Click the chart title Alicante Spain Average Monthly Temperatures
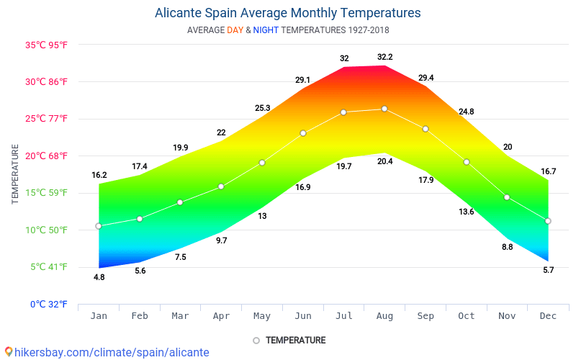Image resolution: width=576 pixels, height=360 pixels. coord(287,13)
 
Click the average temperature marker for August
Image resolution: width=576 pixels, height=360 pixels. coord(384,109)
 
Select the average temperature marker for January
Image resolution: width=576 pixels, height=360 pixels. coord(99,226)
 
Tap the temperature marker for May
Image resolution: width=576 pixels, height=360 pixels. coord(262,163)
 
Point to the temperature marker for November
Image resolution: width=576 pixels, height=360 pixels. coord(507,197)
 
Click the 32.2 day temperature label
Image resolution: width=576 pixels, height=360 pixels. coord(385,57)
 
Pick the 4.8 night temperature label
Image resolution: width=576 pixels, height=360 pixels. coord(99,277)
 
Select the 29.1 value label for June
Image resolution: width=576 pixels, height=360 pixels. coord(303,80)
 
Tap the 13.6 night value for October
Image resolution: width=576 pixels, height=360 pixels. coord(467,212)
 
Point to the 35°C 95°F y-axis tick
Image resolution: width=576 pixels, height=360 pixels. coord(47,45)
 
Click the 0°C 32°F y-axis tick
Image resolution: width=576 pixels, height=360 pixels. coord(49,304)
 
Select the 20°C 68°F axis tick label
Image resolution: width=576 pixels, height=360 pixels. coord(47,156)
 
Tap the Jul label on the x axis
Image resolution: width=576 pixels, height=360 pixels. coord(344,316)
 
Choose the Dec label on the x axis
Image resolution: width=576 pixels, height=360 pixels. coord(548,316)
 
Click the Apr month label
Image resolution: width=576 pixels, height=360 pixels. coord(221,316)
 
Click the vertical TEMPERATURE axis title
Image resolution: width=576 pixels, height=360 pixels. coord(15,174)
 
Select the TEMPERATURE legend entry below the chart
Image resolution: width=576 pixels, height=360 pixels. coord(295,340)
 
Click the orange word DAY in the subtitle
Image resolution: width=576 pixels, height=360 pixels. coord(235,30)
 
